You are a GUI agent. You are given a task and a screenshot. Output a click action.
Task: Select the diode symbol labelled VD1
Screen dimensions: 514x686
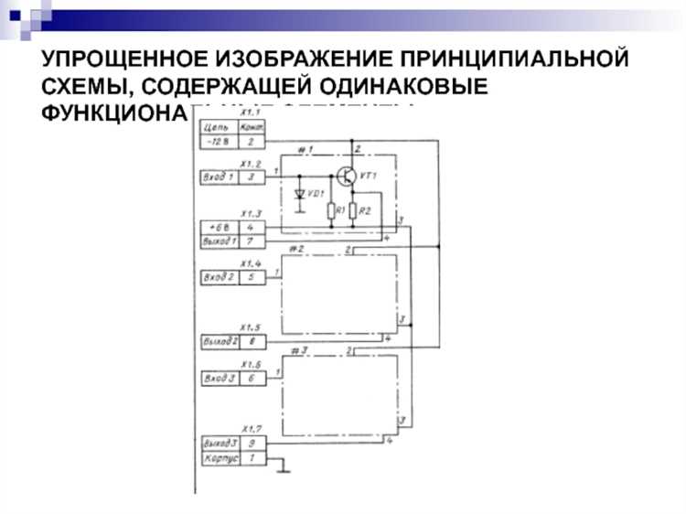[299, 195]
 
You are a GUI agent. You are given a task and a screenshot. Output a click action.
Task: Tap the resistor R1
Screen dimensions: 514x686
[331, 212]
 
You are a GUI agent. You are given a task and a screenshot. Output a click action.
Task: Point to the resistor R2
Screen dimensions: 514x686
[352, 212]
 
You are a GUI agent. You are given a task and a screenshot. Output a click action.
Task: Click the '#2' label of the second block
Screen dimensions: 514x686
[295, 248]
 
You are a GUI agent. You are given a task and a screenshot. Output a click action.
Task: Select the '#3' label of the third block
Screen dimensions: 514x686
[295, 350]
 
